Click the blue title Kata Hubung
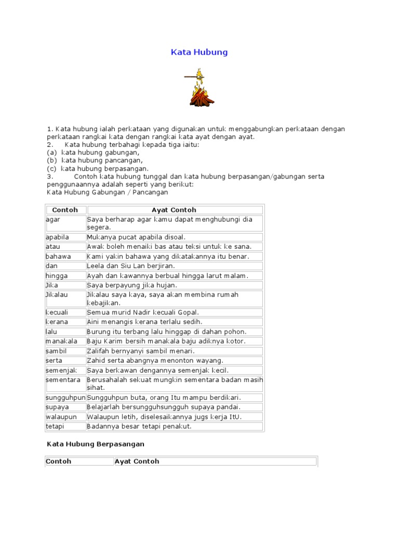coord(199,53)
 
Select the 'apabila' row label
coord(57,237)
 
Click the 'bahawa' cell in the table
coord(58,257)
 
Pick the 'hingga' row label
coord(57,276)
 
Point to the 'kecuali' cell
coord(57,312)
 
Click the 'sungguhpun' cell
coord(65,398)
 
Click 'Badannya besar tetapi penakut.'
coord(139,426)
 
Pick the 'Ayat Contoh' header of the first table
coord(174,210)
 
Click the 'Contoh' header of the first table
coord(65,210)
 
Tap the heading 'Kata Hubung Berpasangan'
coord(96,444)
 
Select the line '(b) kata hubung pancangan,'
coord(95,161)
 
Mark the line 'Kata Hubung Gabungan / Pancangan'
coord(108,192)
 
